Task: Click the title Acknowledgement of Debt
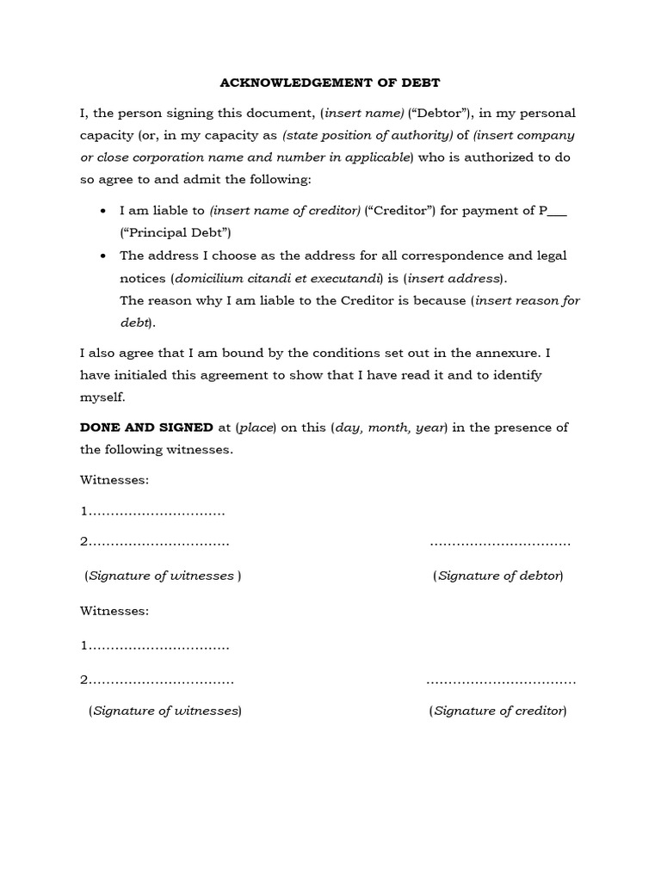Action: coord(330,83)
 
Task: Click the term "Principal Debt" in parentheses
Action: coord(176,233)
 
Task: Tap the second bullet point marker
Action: coord(103,256)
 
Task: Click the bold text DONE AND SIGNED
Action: coord(146,428)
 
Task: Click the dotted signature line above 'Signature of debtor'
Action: coord(500,544)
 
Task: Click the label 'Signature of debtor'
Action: coord(498,576)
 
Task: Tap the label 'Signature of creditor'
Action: coord(497,711)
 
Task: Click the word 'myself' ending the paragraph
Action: coord(102,397)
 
